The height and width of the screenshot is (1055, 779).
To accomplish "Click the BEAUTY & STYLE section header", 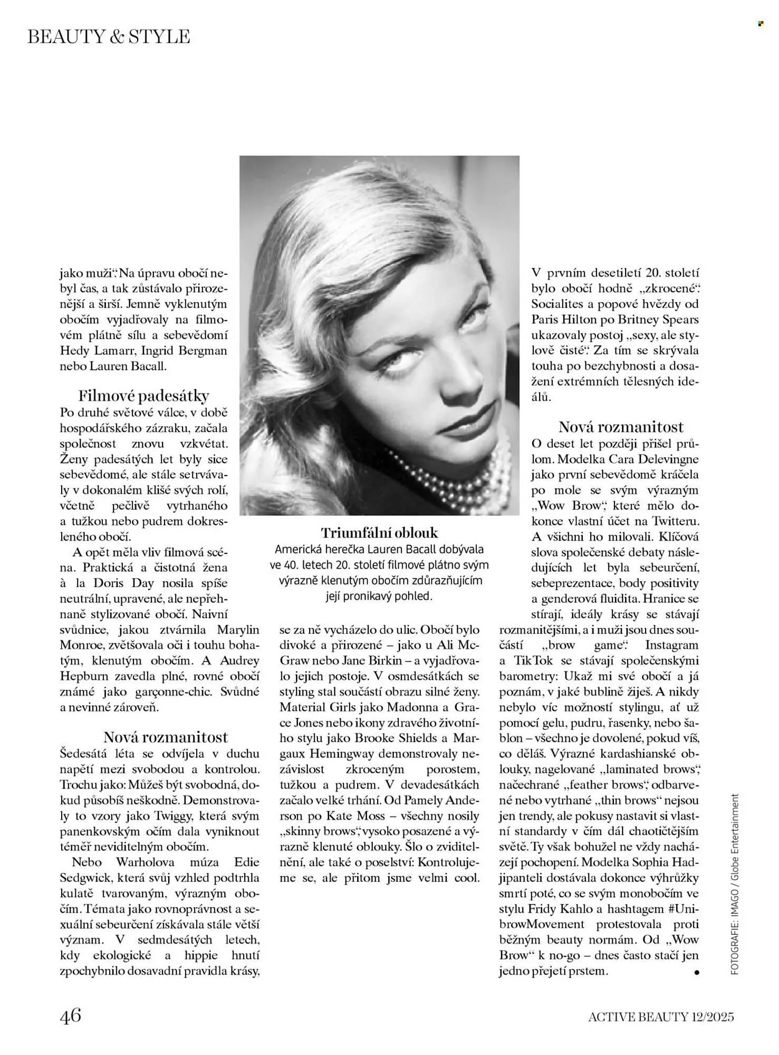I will pyautogui.click(x=109, y=36).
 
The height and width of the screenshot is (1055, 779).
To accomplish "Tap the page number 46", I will pyautogui.click(x=70, y=1015).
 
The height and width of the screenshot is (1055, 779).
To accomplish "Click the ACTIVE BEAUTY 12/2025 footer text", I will pyautogui.click(x=660, y=1016).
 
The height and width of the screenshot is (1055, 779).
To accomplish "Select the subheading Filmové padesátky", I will pyautogui.click(x=143, y=396).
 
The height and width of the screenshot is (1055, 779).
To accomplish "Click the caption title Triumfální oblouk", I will pyautogui.click(x=379, y=532).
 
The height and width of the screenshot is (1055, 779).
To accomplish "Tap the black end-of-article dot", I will pyautogui.click(x=697, y=972).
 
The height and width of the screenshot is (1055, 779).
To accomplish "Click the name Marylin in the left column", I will pyautogui.click(x=238, y=629).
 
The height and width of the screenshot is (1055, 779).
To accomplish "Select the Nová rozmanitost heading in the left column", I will pyautogui.click(x=165, y=737).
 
